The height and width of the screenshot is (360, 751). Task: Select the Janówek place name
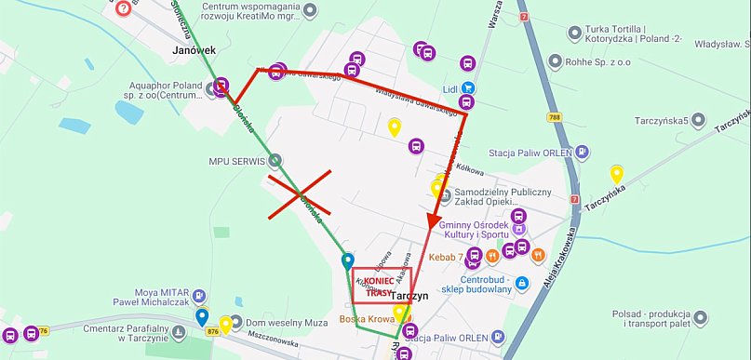tap(194, 48)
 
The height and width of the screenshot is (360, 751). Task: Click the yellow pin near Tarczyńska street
tap(615, 175)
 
